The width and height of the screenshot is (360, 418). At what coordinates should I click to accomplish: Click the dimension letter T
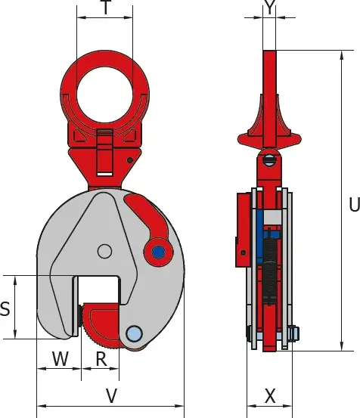point(106,8)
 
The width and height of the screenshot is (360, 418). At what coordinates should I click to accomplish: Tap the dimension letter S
point(5,308)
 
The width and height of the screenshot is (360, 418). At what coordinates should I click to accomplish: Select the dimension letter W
point(61,358)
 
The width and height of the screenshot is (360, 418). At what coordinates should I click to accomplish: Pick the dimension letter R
point(101,359)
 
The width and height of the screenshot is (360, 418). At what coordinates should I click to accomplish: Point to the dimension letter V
point(111,396)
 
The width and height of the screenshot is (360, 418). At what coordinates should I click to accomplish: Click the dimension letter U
point(355,205)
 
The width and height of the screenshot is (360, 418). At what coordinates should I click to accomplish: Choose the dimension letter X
point(270,396)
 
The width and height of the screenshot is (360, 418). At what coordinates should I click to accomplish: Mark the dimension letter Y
point(269,8)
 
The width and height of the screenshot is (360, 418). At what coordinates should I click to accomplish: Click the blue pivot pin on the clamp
point(158,252)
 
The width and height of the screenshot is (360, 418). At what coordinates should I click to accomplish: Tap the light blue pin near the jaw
point(134,333)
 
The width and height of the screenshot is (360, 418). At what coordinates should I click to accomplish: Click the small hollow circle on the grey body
point(104,251)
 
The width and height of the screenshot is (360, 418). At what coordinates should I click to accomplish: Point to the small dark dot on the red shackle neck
point(130,160)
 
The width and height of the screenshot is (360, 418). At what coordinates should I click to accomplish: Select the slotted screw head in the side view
point(268,160)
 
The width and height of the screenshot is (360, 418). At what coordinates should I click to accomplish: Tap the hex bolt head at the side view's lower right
point(293,334)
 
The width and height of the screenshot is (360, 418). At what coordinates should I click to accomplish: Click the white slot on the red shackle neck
point(104,174)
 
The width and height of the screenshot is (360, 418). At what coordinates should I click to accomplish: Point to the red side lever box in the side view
point(244,230)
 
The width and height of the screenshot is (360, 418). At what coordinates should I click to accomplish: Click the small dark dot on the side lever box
point(243,252)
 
